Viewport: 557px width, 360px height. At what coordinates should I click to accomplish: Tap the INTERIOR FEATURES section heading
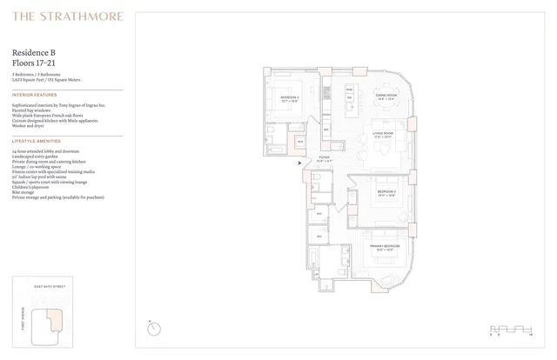click(35, 94)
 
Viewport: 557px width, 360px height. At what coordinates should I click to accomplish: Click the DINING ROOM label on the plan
click(386, 95)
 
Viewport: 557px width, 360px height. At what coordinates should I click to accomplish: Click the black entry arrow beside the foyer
click(300, 162)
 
